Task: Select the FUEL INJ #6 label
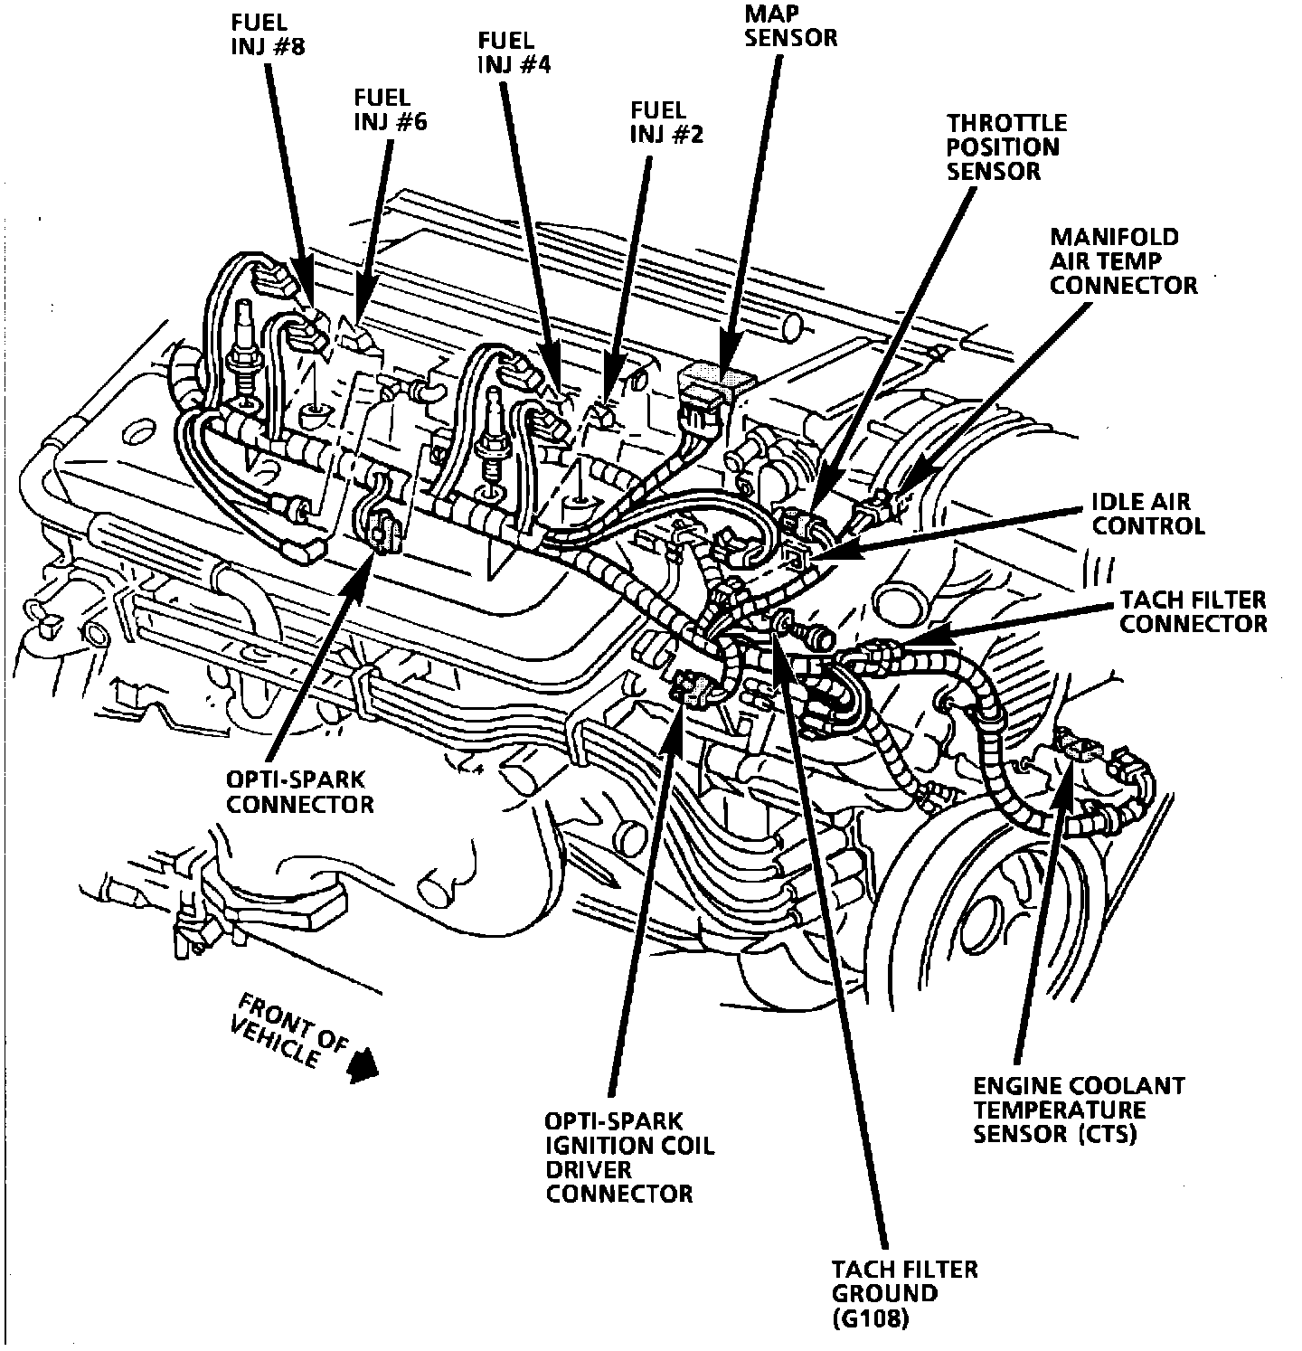click(x=390, y=109)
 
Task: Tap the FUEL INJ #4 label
click(x=514, y=52)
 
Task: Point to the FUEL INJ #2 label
click(x=666, y=122)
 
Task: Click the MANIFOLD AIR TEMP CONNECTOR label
click(x=1123, y=261)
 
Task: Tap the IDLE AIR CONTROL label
click(x=1148, y=513)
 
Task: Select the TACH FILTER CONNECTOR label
click(x=1193, y=611)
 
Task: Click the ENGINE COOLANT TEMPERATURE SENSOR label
click(x=1078, y=1109)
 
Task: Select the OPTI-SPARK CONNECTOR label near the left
click(x=299, y=790)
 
